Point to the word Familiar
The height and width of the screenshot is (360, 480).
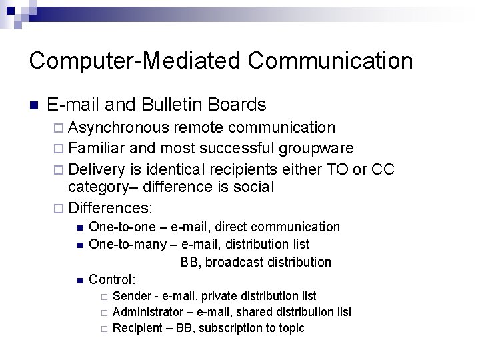pyautogui.click(x=99, y=148)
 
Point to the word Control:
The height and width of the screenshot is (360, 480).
pyautogui.click(x=112, y=279)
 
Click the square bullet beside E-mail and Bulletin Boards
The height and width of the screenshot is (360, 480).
pyautogui.click(x=34, y=105)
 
